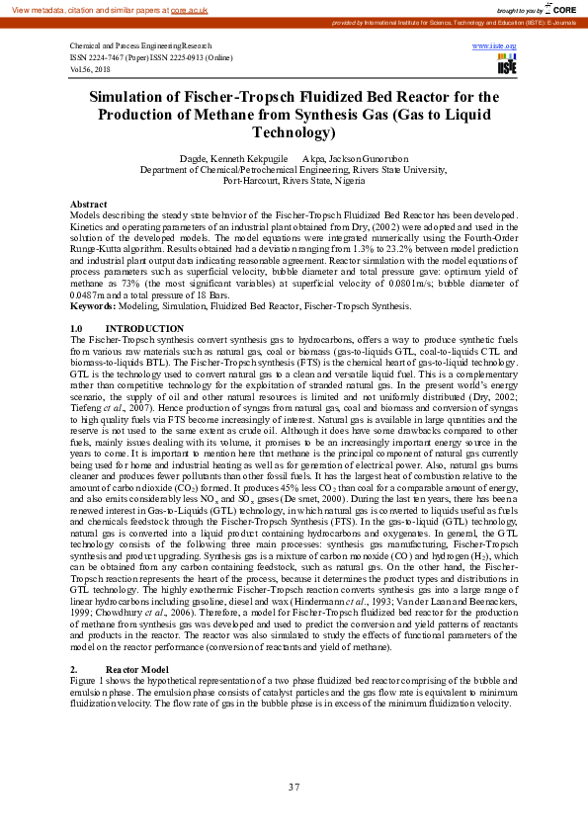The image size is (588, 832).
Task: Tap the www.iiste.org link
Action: (495, 45)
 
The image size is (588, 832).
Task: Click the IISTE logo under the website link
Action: (507, 63)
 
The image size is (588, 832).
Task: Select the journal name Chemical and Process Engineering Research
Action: (140, 45)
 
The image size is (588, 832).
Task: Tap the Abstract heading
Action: (89, 204)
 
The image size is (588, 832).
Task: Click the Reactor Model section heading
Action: (140, 669)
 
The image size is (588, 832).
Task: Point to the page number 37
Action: (294, 787)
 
